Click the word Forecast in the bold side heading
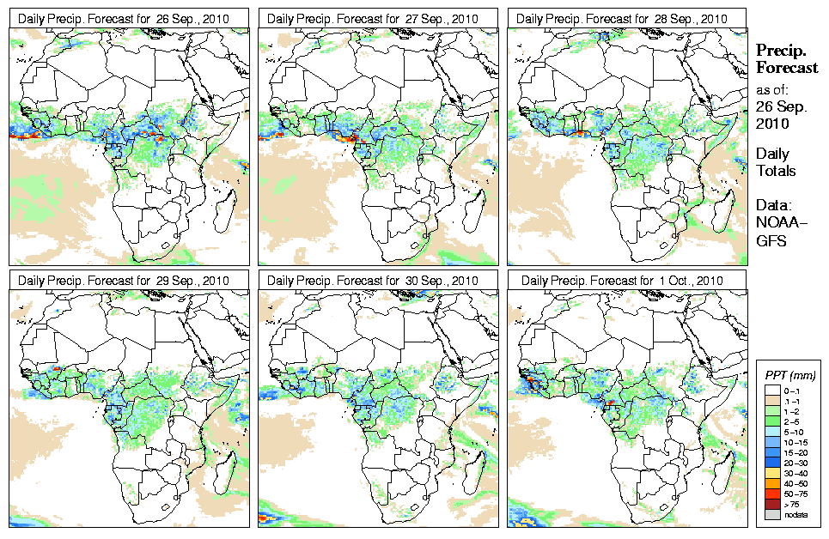(x=786, y=68)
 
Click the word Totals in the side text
(x=776, y=171)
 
